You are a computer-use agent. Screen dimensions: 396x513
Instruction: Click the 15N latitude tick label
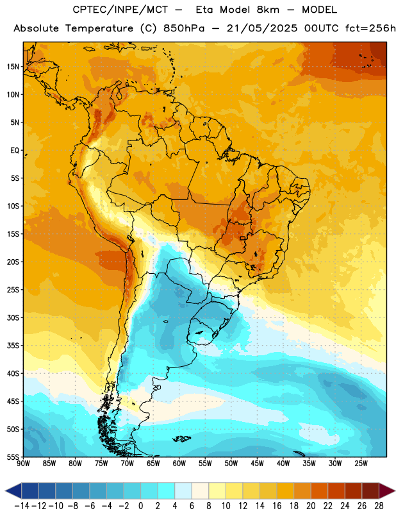[x=13, y=67]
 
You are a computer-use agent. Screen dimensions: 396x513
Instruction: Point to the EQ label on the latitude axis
[x=15, y=151]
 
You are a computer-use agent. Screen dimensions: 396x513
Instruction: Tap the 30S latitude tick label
[x=13, y=318]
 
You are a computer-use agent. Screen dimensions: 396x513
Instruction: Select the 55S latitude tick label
[x=13, y=457]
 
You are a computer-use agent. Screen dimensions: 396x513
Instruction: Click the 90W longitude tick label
[x=24, y=464]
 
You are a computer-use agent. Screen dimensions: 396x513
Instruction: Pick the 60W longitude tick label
[x=179, y=464]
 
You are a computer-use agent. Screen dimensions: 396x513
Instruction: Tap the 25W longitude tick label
[x=361, y=464]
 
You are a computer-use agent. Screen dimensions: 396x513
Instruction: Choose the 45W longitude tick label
[x=257, y=464]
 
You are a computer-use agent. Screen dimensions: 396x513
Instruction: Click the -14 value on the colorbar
[x=22, y=506]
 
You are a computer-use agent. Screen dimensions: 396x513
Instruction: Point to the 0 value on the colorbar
[x=141, y=506]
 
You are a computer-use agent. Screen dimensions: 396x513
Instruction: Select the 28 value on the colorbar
[x=379, y=506]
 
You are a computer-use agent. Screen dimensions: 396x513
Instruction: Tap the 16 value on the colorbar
[x=277, y=506]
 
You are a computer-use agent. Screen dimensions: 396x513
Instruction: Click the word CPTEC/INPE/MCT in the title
[x=120, y=10]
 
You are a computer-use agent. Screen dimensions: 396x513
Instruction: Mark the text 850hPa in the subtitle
[x=184, y=28]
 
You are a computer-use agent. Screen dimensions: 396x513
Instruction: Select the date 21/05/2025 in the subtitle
[x=262, y=28]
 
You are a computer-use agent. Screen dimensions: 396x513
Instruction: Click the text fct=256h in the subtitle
[x=370, y=28]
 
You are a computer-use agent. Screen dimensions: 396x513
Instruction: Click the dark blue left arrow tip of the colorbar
[x=6, y=491]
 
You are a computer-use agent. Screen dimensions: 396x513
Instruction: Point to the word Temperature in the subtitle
[x=99, y=29]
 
